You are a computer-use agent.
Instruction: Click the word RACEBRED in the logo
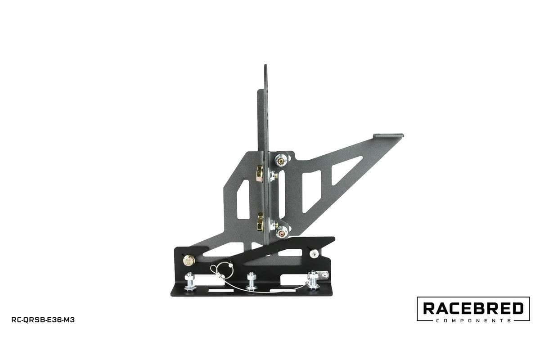pyautogui.click(x=473, y=309)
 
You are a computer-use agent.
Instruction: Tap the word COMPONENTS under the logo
pyautogui.click(x=473, y=321)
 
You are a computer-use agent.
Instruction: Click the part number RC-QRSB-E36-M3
pyautogui.click(x=43, y=320)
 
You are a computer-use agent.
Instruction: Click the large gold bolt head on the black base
pyautogui.click(x=189, y=260)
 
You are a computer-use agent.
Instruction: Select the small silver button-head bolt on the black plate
pyautogui.click(x=313, y=254)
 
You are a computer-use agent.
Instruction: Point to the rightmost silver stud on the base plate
pyautogui.click(x=313, y=280)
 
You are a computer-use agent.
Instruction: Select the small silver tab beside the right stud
pyautogui.click(x=323, y=274)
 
